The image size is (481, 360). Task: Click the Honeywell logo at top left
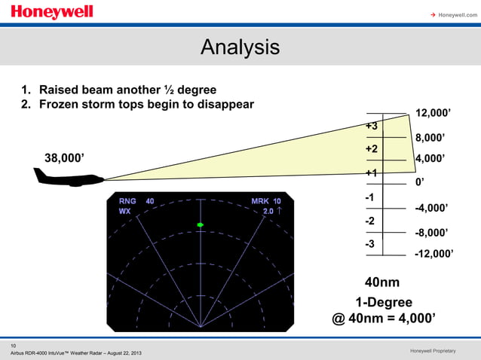pos(52,13)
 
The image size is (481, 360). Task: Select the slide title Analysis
pos(240,47)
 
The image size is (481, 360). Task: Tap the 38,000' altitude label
pos(65,158)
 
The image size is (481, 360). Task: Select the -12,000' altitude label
pos(434,255)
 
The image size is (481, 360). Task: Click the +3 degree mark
pos(372,126)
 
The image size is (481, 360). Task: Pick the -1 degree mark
pos(371,197)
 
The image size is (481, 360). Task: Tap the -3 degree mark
pos(371,244)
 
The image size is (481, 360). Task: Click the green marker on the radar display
pos(201,225)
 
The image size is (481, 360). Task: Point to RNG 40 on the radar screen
pos(136,201)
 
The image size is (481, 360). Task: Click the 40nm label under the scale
pos(382,282)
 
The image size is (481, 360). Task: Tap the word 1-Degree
pos(384,302)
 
